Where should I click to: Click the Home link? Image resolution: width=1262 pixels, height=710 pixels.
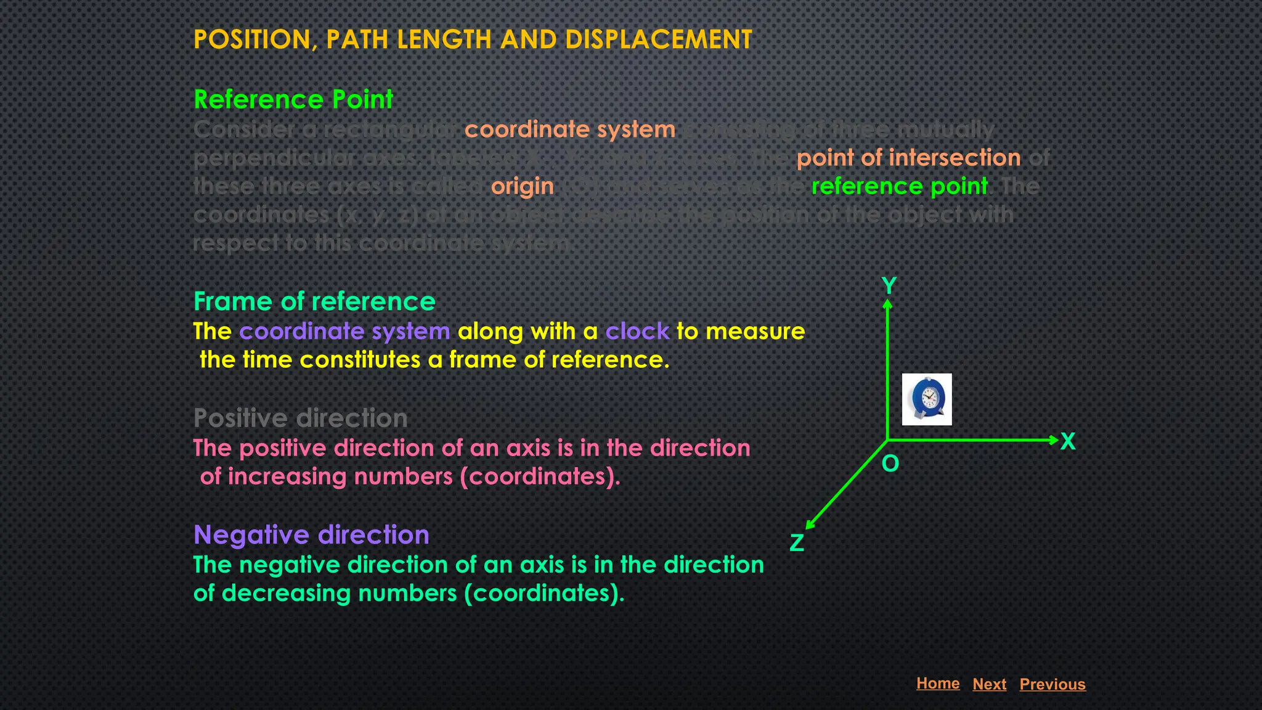[937, 683]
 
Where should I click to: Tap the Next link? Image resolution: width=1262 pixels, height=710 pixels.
[989, 684]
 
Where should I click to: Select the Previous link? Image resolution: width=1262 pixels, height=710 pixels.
[1052, 684]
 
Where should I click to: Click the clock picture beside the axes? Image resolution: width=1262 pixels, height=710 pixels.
[927, 399]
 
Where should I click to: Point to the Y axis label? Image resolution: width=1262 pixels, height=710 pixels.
[889, 286]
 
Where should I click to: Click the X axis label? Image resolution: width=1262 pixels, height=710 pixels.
[1068, 441]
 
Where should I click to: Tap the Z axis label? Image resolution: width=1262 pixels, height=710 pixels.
[797, 543]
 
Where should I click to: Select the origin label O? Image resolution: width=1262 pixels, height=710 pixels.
[890, 463]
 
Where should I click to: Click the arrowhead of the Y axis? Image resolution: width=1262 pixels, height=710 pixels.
[887, 304]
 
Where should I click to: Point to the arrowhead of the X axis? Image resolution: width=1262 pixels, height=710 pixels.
[1054, 440]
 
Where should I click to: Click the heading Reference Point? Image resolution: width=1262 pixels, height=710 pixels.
[293, 99]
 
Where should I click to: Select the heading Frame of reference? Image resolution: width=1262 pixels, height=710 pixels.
[314, 301]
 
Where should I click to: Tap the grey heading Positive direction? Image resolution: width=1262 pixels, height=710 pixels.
[301, 418]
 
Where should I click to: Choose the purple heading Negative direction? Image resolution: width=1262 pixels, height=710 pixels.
[311, 535]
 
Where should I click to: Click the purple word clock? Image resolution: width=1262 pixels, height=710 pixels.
[637, 332]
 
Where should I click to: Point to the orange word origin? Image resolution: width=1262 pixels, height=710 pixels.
[522, 186]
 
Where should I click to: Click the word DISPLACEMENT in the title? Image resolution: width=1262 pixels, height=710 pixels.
[658, 39]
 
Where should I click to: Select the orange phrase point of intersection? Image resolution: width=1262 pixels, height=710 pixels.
[908, 158]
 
